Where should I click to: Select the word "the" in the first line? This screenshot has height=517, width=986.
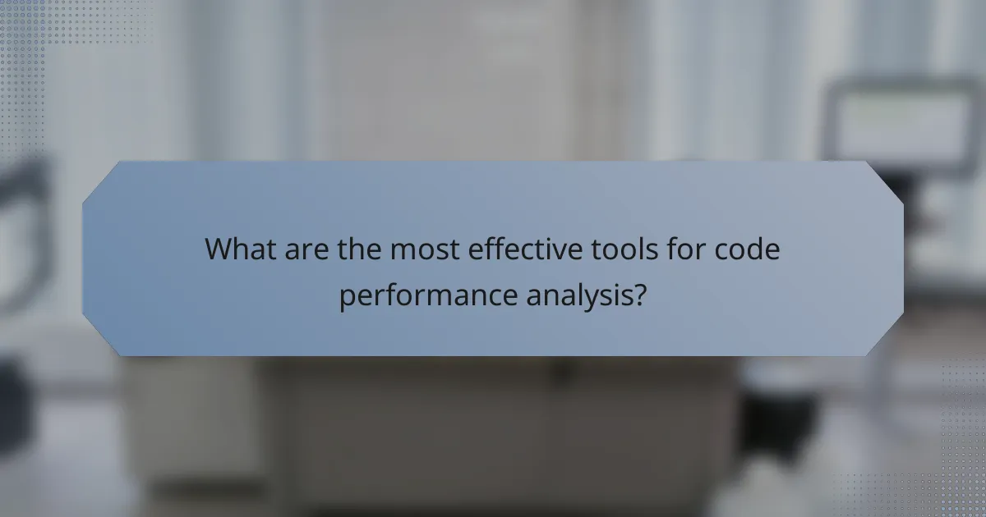click(x=358, y=249)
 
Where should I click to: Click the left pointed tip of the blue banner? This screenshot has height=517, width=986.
click(x=84, y=258)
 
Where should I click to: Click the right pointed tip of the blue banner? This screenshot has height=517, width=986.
click(x=902, y=258)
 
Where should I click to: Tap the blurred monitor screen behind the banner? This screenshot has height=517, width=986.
click(x=901, y=123)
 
